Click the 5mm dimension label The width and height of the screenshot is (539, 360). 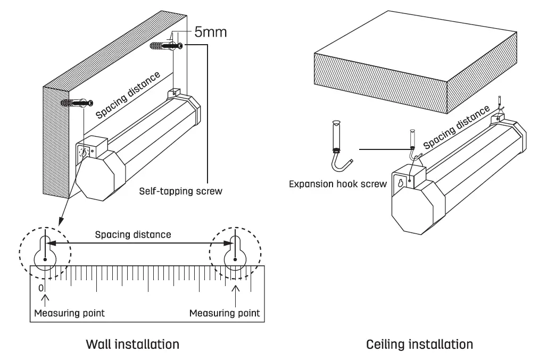(210, 32)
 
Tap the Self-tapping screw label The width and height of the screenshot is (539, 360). (180, 190)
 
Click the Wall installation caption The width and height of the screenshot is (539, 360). (132, 344)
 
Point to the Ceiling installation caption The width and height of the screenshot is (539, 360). (419, 344)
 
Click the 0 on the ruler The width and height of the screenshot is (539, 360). (41, 288)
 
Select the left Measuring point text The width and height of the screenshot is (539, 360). (69, 313)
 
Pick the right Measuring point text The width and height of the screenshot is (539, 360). (225, 313)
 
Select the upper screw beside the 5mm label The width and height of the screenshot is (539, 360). (168, 47)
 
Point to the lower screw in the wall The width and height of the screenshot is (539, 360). (78, 103)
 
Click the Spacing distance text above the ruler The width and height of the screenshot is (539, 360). (133, 234)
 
